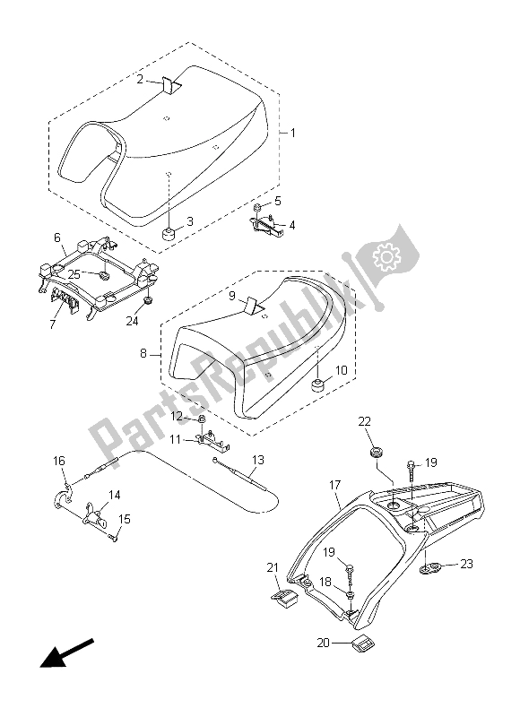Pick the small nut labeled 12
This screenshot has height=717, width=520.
204,419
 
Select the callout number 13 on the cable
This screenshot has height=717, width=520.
257,461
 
